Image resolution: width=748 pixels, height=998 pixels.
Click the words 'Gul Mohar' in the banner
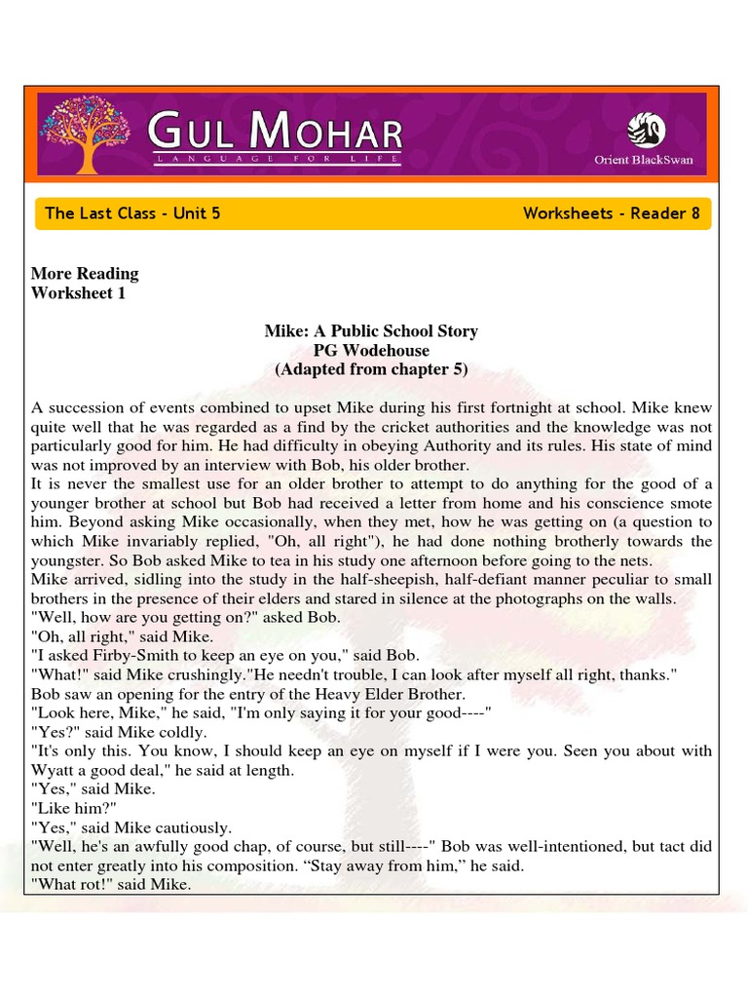point(275,131)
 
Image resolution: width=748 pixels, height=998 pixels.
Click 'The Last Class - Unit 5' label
point(132,213)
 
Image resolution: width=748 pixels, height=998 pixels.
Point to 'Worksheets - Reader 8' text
point(611,213)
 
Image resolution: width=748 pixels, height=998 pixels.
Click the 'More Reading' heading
point(85,274)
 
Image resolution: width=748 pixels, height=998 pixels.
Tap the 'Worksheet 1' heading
point(78,293)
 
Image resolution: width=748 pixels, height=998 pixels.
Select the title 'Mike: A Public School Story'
point(371,331)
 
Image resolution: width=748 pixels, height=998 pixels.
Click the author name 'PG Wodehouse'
point(371,351)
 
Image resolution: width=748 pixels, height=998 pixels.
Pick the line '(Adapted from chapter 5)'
point(371,370)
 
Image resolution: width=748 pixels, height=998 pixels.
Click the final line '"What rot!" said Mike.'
point(111,885)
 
